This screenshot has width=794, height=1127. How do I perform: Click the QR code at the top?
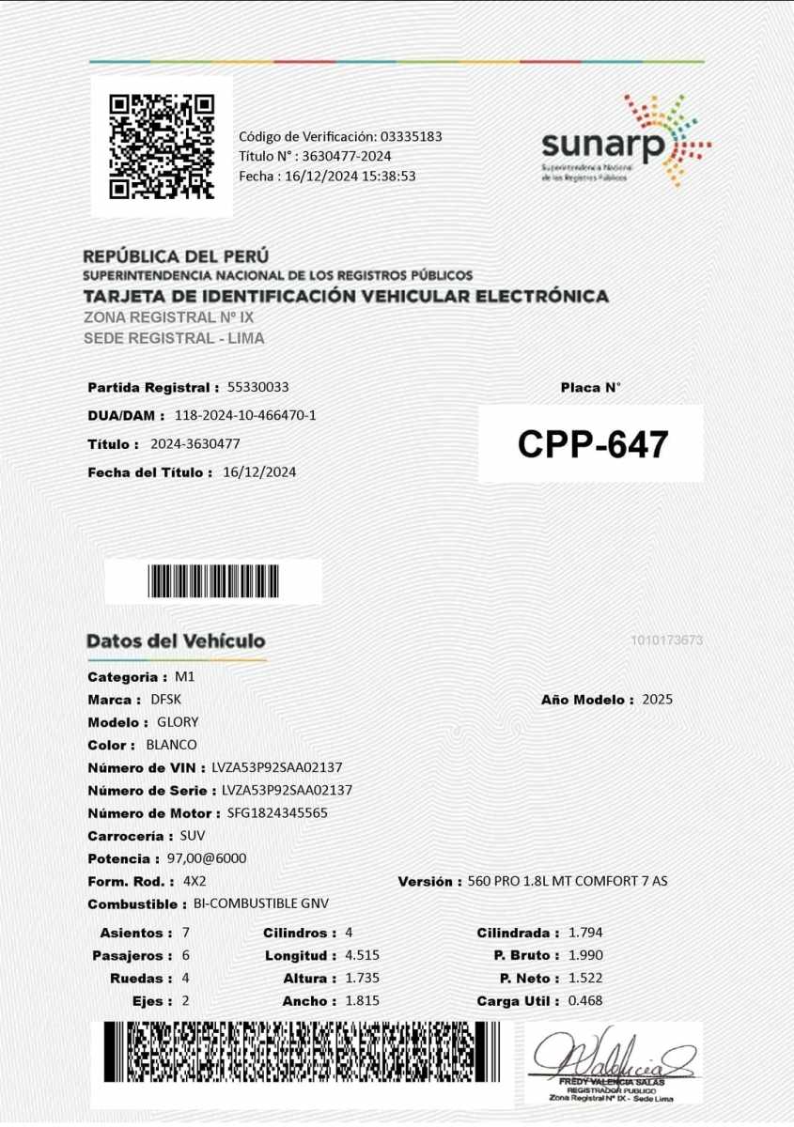(162, 147)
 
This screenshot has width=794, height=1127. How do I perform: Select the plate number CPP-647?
(592, 444)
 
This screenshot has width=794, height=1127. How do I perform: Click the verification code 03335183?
(411, 136)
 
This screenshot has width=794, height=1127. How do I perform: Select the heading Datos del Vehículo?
(176, 641)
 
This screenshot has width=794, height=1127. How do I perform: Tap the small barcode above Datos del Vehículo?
(213, 581)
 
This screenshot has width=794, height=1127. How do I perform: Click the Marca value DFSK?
(164, 700)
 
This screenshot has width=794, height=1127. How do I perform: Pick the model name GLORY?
(178, 722)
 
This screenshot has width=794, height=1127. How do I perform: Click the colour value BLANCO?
(171, 745)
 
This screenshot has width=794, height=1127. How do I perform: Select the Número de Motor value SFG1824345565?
(277, 813)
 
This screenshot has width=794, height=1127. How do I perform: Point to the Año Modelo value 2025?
(658, 700)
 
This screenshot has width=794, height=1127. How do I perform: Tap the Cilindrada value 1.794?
(585, 933)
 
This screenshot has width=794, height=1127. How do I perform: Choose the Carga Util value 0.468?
(585, 1001)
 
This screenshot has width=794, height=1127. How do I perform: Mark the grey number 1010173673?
(667, 641)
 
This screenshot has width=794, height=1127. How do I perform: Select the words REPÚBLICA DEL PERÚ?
(176, 255)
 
